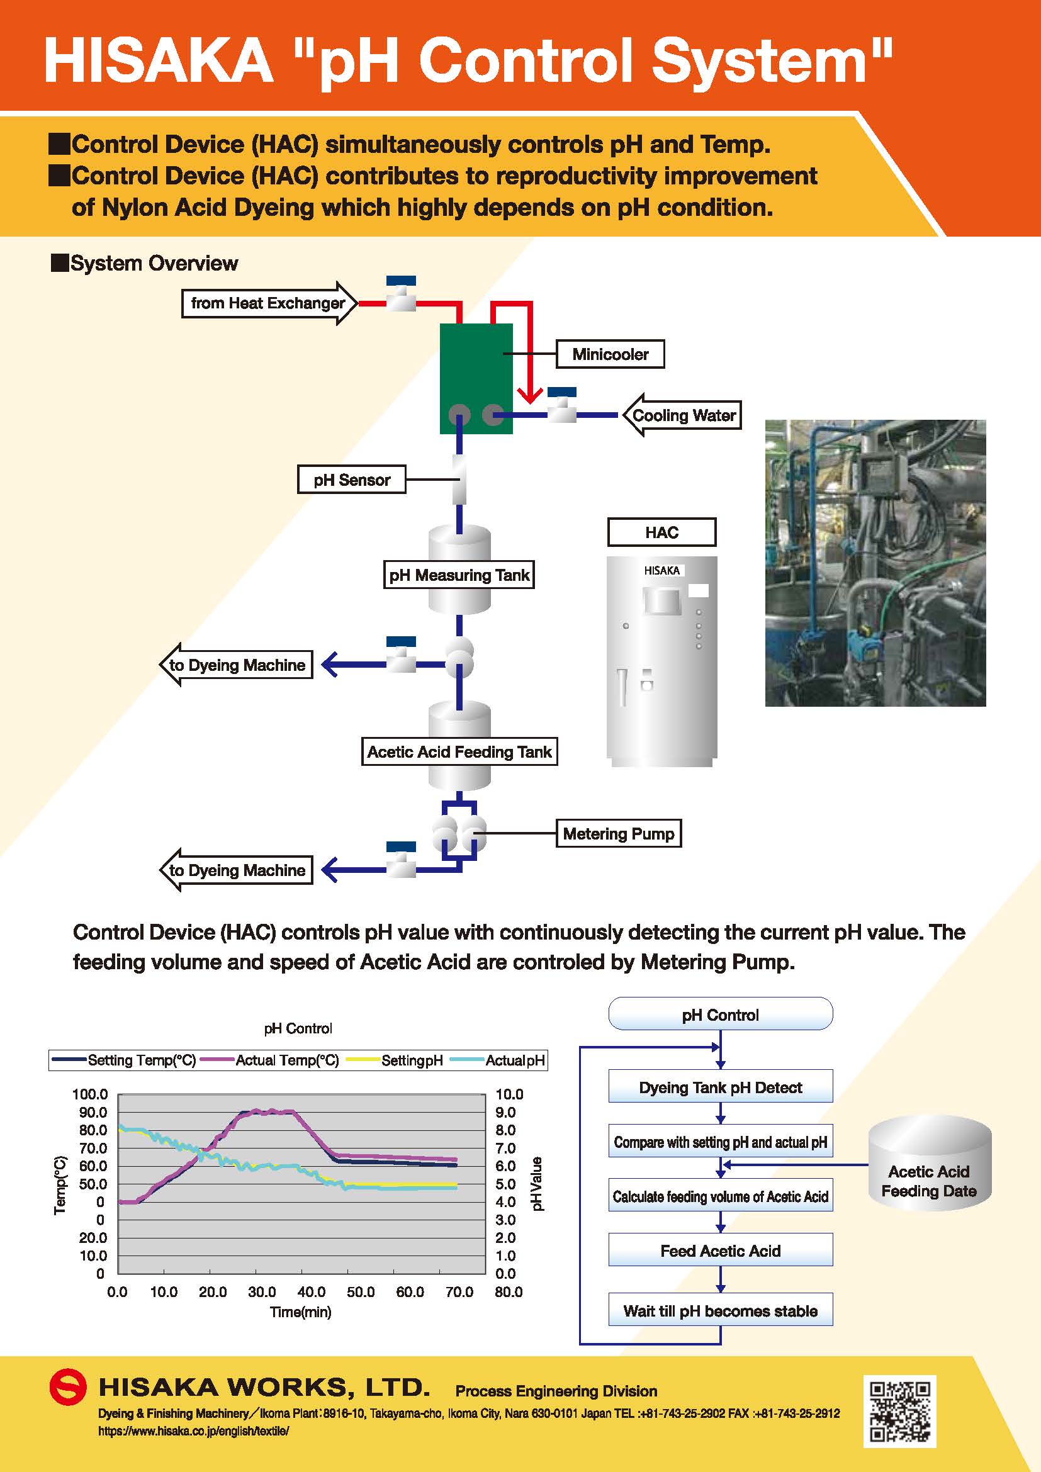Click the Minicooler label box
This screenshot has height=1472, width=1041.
pyautogui.click(x=610, y=354)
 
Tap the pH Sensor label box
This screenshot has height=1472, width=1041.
pyautogui.click(x=351, y=480)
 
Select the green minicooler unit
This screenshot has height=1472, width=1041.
pyautogui.click(x=476, y=378)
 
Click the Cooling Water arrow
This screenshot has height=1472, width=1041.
pyautogui.click(x=682, y=415)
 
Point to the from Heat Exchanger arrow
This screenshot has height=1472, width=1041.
pyautogui.click(x=269, y=303)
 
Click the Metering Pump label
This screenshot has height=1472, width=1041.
pyautogui.click(x=618, y=833)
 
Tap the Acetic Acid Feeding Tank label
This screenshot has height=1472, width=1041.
pyautogui.click(x=459, y=751)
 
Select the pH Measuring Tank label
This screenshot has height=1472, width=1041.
pyautogui.click(x=459, y=575)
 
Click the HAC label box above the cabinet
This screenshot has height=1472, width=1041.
pyautogui.click(x=661, y=532)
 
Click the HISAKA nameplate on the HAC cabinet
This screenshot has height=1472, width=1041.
pyautogui.click(x=661, y=570)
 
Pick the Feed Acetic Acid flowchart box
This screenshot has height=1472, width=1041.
pyautogui.click(x=721, y=1251)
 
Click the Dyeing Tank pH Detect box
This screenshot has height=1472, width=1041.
pyautogui.click(x=721, y=1087)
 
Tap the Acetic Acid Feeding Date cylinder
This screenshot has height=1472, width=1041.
pyautogui.click(x=930, y=1162)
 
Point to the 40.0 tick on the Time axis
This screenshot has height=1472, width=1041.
pyautogui.click(x=312, y=1292)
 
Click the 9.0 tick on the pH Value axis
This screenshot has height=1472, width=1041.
pyautogui.click(x=509, y=1112)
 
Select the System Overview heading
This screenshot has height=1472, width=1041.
pyautogui.click(x=145, y=263)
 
